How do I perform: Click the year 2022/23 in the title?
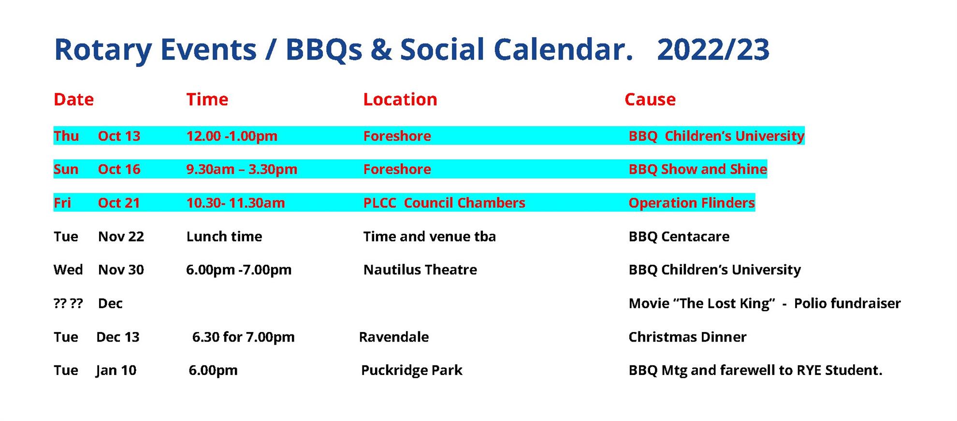point(713,49)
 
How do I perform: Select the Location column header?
point(400,99)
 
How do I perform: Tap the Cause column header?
point(650,99)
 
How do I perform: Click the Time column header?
point(207,99)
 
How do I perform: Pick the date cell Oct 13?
point(119,136)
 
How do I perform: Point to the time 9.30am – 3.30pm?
point(242,169)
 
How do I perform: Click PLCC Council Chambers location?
point(444,203)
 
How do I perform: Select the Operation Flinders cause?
point(691,203)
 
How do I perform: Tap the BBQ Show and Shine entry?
point(697,169)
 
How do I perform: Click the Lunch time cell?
point(224,237)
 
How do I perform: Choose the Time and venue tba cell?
point(429,237)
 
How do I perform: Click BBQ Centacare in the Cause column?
point(679,237)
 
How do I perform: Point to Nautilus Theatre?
point(420,270)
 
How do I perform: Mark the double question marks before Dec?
point(68,303)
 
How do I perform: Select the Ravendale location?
point(393,337)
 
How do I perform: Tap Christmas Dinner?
point(687,337)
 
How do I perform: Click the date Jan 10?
point(116,370)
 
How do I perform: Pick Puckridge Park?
point(411,370)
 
